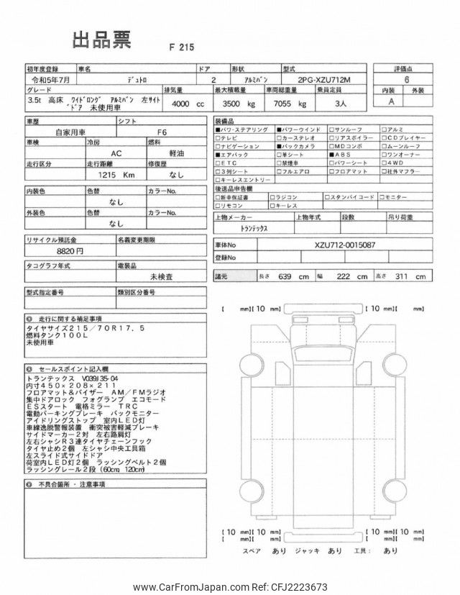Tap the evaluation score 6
(x=408, y=81)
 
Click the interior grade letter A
(x=392, y=102)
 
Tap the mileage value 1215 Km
(x=116, y=175)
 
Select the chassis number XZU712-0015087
(x=344, y=245)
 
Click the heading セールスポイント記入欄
(x=67, y=367)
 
